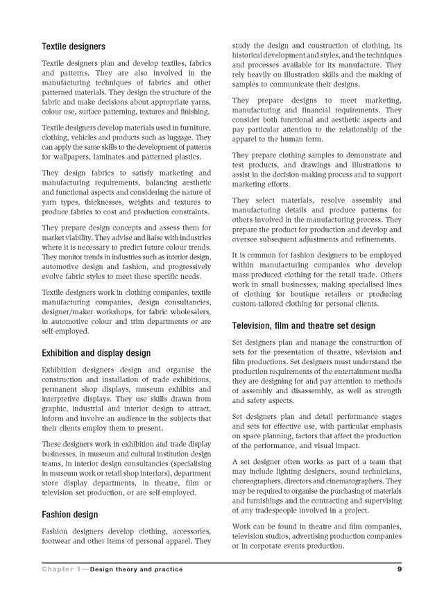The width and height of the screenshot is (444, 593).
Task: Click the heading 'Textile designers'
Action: [x=74, y=46]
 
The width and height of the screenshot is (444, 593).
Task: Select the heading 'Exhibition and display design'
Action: [x=96, y=353]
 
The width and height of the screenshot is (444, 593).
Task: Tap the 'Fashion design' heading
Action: [x=69, y=515]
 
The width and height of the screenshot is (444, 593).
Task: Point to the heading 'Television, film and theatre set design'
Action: [x=304, y=325]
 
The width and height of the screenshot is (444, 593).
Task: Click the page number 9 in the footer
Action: [x=400, y=569]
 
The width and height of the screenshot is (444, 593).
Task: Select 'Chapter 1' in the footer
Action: [x=61, y=569]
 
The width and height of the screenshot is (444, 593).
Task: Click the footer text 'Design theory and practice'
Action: [x=140, y=569]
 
